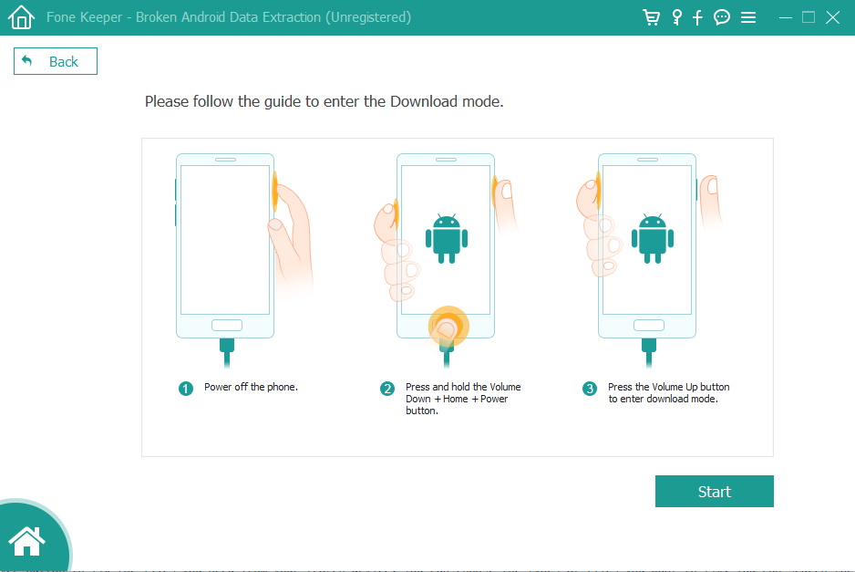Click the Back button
(x=55, y=61)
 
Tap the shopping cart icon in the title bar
(x=651, y=17)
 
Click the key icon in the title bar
(x=676, y=17)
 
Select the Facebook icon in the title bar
(x=697, y=17)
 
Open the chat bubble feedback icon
(x=722, y=17)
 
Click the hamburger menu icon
(x=748, y=17)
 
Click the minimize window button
(x=785, y=17)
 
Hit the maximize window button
(x=809, y=17)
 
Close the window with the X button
(x=832, y=17)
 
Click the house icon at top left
(x=21, y=17)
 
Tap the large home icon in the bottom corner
(x=26, y=541)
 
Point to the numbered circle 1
(x=186, y=389)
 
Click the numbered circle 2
(x=387, y=389)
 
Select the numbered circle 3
(x=590, y=389)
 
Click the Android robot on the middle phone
(x=447, y=239)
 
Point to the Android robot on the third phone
(x=653, y=239)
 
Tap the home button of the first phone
(x=227, y=326)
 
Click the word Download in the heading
(x=424, y=101)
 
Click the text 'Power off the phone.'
(x=251, y=387)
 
